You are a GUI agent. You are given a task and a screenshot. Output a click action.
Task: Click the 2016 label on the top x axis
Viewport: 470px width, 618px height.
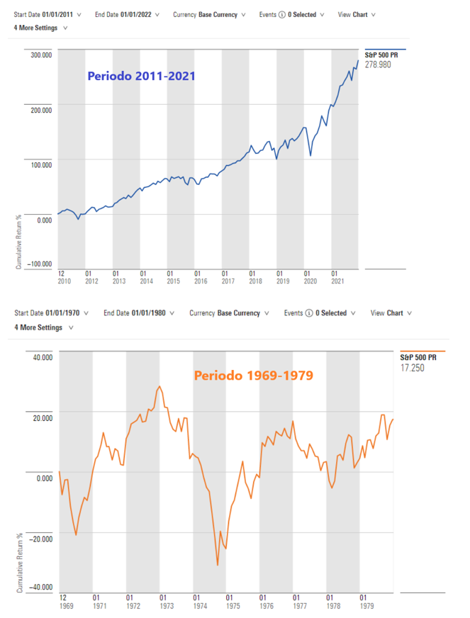[200, 281]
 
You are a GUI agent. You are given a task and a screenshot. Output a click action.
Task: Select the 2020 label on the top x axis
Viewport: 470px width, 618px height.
[309, 281]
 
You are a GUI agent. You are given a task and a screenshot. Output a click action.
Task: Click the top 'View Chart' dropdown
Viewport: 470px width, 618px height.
[357, 14]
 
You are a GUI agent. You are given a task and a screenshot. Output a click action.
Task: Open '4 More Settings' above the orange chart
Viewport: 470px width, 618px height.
[40, 328]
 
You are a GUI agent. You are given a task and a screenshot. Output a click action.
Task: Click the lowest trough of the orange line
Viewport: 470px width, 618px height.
[218, 565]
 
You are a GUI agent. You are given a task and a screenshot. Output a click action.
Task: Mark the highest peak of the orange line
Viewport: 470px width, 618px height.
[160, 386]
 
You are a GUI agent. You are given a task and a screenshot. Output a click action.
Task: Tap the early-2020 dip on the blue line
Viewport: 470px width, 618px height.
[310, 155]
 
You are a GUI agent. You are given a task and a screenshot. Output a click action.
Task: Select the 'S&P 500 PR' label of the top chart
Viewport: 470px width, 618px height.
[380, 54]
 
